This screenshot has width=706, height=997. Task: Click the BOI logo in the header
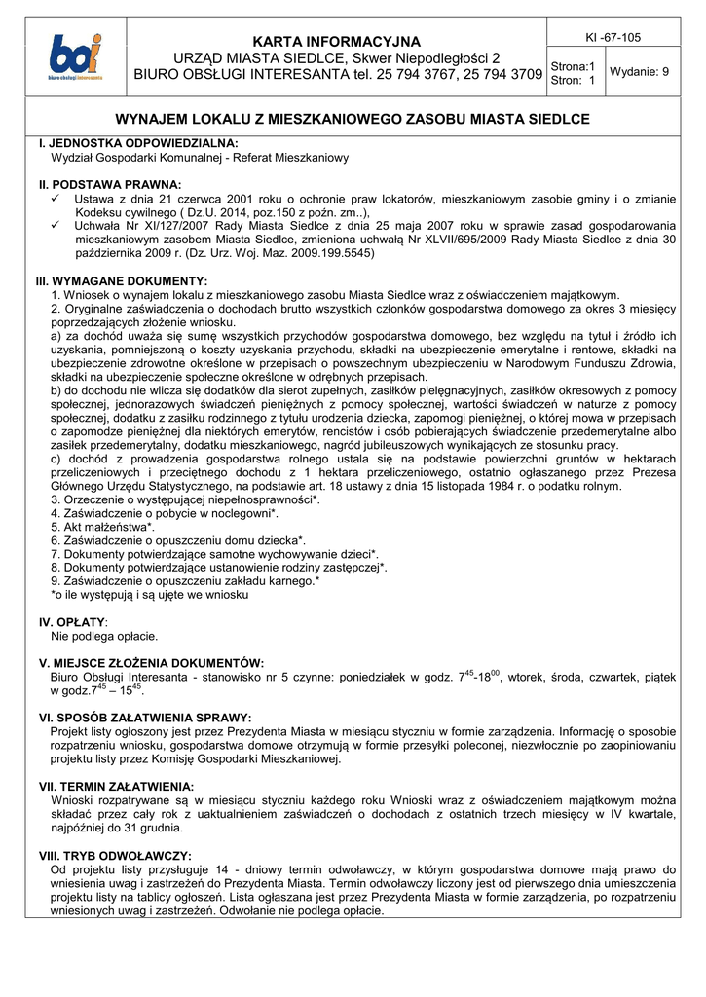pyautogui.click(x=75, y=58)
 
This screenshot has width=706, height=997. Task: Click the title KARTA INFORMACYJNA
pyautogui.click(x=337, y=41)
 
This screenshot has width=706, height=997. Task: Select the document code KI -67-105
pyautogui.click(x=613, y=37)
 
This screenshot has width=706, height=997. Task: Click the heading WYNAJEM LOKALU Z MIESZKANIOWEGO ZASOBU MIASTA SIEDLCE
pyautogui.click(x=353, y=120)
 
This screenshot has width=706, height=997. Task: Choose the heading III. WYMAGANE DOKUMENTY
pyautogui.click(x=121, y=280)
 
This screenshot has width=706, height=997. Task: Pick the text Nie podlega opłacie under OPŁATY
pyautogui.click(x=104, y=636)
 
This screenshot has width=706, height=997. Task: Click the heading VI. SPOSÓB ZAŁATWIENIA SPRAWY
pyautogui.click(x=145, y=718)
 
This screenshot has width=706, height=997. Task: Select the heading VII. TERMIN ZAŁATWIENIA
pyautogui.click(x=116, y=786)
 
